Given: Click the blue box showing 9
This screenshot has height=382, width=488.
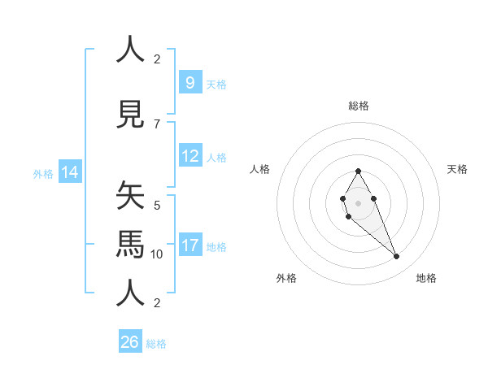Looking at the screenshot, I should click(190, 82).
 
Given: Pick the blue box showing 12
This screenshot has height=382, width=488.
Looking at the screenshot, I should click(190, 156).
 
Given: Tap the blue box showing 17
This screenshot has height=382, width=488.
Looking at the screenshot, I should click(190, 245).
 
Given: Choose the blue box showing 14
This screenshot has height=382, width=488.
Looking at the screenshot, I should click(70, 172).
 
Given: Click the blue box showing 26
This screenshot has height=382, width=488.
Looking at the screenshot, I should click(129, 341).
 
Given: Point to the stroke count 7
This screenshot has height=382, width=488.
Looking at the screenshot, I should click(157, 124).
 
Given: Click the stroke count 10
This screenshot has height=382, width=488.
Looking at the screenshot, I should click(157, 254).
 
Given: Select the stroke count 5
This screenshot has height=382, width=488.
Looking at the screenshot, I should click(157, 205).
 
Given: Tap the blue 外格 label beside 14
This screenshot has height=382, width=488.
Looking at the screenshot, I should click(42, 173).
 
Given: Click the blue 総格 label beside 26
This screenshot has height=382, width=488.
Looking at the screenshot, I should click(156, 343).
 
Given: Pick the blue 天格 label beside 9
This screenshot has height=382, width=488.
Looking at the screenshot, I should click(216, 84).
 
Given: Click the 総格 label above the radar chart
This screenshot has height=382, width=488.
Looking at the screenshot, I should click(358, 106).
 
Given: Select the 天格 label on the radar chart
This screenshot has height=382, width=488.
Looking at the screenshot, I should click(458, 169).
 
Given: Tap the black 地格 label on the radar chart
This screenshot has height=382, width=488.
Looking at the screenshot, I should click(426, 278).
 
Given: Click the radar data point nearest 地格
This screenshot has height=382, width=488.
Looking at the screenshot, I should click(396, 257).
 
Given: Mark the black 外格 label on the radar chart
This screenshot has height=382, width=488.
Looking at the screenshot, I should click(286, 278).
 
